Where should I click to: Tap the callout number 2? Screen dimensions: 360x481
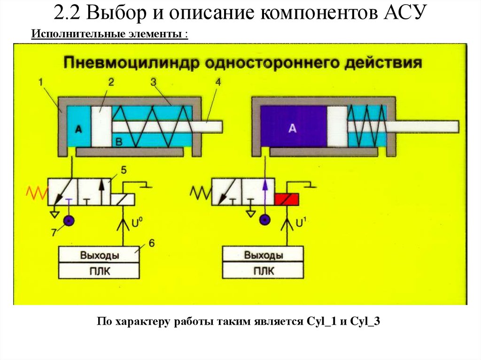111,82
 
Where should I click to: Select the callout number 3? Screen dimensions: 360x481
153,82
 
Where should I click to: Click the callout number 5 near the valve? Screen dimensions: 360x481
124,169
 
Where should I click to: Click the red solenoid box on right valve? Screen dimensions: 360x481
287,199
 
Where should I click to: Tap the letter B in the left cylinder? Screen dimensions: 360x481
119,141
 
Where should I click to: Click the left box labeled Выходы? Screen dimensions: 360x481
99,255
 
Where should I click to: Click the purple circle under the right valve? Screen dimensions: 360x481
265,220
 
